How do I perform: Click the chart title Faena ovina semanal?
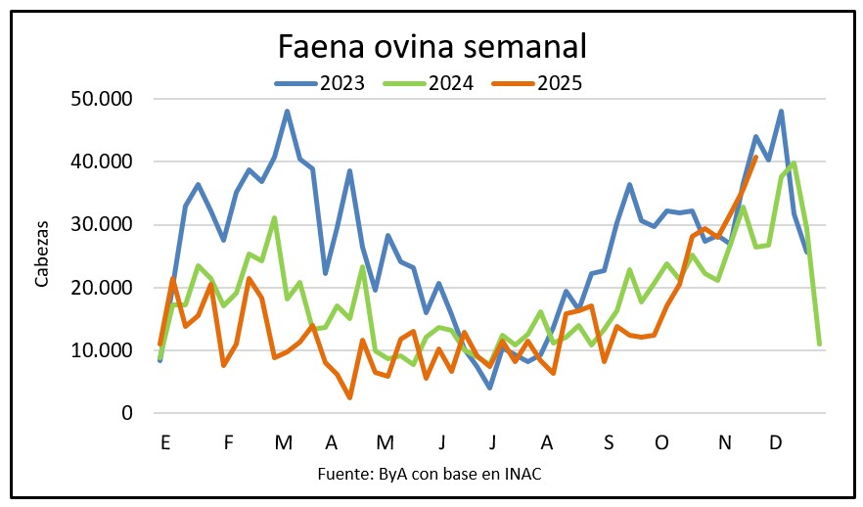pyautogui.click(x=431, y=47)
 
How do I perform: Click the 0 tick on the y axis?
pyautogui.click(x=126, y=413)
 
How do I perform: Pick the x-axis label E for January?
pyautogui.click(x=165, y=442)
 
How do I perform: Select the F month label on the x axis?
pyautogui.click(x=229, y=442)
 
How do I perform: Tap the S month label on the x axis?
pyautogui.click(x=609, y=442)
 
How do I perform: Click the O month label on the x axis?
pyautogui.click(x=662, y=442)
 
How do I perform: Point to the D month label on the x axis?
pyautogui.click(x=775, y=442)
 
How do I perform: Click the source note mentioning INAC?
pyautogui.click(x=430, y=475)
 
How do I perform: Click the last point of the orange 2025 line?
pyautogui.click(x=755, y=157)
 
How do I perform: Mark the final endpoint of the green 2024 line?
pyautogui.click(x=819, y=345)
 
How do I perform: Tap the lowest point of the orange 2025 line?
pyautogui.click(x=349, y=397)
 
